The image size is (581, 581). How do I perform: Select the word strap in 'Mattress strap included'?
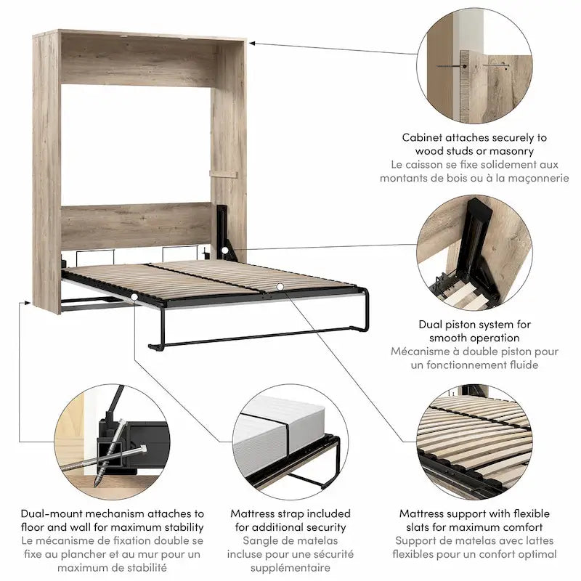pyautogui.click(x=297, y=513)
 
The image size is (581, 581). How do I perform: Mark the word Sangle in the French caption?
pyautogui.click(x=259, y=541)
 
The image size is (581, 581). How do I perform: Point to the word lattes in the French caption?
pyautogui.click(x=537, y=541)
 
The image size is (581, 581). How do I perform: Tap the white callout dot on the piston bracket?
pyautogui.click(x=225, y=251)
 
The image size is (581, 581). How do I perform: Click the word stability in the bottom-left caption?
pyautogui.click(x=181, y=527)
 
